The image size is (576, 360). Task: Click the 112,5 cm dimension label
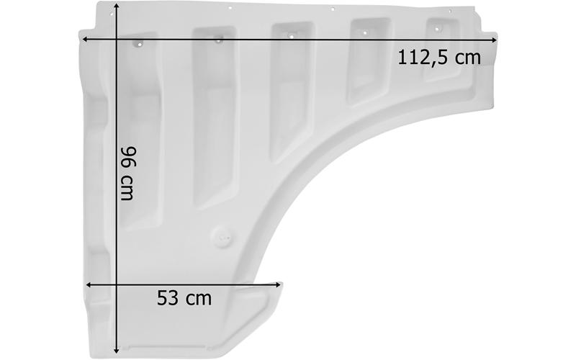click(x=439, y=58)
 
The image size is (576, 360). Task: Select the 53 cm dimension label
click(x=184, y=298)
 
